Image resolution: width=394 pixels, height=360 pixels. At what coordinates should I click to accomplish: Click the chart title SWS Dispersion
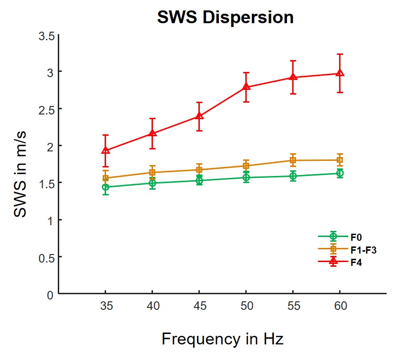click(x=225, y=18)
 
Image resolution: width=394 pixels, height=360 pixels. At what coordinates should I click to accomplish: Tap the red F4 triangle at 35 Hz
click(x=106, y=150)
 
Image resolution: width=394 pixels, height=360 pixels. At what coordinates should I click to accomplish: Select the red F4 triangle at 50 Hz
click(x=246, y=87)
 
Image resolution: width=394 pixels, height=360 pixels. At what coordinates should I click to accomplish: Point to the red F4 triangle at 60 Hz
click(x=340, y=73)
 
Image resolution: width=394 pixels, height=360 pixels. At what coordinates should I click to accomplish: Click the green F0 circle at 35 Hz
click(x=106, y=187)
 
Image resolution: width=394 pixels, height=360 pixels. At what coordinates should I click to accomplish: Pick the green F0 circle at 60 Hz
click(x=340, y=173)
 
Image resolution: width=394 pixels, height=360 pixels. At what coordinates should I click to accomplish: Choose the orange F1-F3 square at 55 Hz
click(x=293, y=160)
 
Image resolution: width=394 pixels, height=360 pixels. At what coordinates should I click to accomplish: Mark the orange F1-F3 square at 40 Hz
click(x=152, y=172)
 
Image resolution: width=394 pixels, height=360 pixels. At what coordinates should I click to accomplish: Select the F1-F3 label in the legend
click(x=363, y=250)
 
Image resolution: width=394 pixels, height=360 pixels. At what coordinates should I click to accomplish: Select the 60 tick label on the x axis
click(x=340, y=307)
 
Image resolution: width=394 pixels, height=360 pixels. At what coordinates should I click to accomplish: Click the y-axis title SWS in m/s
click(x=21, y=175)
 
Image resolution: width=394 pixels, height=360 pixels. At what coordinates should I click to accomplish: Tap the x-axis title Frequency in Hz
click(x=223, y=339)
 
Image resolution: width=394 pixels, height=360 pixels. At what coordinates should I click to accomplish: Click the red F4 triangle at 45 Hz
click(x=199, y=116)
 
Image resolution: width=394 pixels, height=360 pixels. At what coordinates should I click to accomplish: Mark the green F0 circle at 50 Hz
click(x=246, y=177)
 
